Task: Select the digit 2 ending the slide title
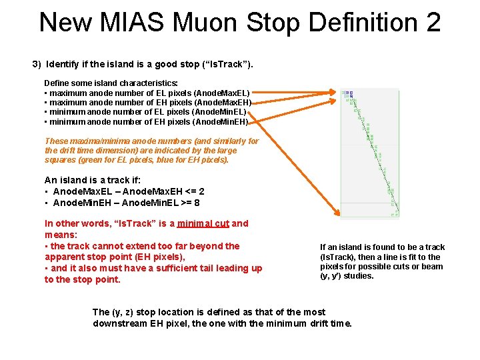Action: [x=431, y=22]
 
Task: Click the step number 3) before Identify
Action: [x=37, y=65]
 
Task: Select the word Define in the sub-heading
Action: [x=57, y=83]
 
